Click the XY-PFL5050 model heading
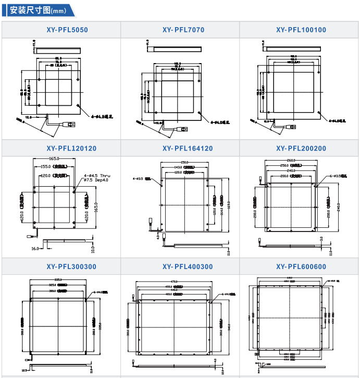pyautogui.click(x=61, y=30)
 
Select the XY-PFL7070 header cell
pyautogui.click(x=180, y=30)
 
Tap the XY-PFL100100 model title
pyautogui.click(x=300, y=30)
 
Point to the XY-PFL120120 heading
pyautogui.click(x=61, y=149)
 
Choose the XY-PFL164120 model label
pyautogui.click(x=180, y=149)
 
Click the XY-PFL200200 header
pyautogui.click(x=300, y=149)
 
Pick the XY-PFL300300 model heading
pyautogui.click(x=61, y=267)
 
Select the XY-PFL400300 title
pyautogui.click(x=180, y=267)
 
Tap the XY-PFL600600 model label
pyautogui.click(x=300, y=267)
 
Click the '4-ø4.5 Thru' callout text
pyautogui.click(x=97, y=176)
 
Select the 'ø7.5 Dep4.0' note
pyautogui.click(x=97, y=180)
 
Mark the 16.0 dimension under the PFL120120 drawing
pyautogui.click(x=35, y=249)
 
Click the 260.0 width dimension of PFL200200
pyautogui.click(x=291, y=160)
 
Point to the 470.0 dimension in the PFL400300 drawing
pyautogui.click(x=173, y=282)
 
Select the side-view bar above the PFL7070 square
pyautogui.click(x=176, y=49)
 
